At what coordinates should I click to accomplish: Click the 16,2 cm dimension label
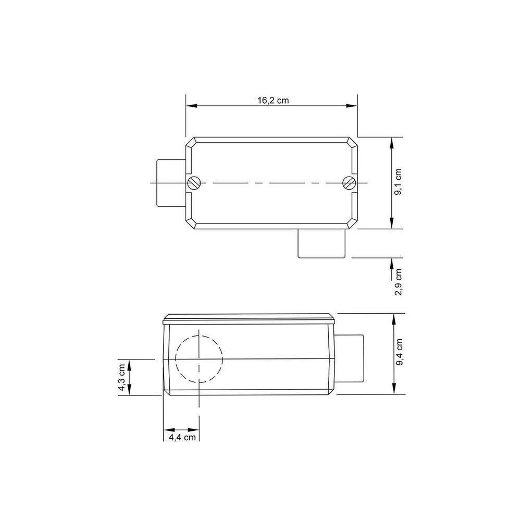pos(273,100)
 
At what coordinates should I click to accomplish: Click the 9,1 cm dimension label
pos(398,182)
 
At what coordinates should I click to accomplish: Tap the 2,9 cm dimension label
pos(398,282)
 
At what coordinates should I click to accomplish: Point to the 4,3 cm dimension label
pos(121,378)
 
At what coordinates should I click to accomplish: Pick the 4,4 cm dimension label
pos(182,437)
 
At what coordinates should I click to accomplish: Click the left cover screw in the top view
pos(194,183)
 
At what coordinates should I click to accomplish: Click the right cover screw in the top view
pos(349,183)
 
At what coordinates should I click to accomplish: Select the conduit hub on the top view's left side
pos(171,183)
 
